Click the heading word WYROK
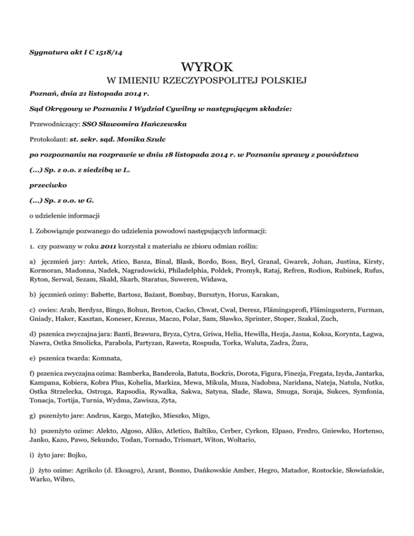click(206, 68)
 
